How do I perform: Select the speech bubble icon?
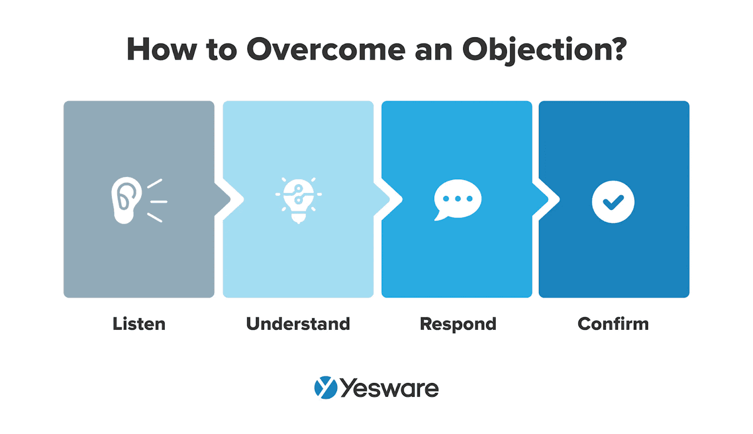[457, 199]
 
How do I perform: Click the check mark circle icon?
[613, 201]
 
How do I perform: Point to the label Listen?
[139, 323]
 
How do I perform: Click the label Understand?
[298, 323]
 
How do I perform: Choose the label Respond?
[458, 323]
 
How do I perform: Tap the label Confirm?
[613, 323]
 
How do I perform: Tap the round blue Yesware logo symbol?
[325, 388]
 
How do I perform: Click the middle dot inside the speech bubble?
[457, 198]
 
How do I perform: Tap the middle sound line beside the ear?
[159, 201]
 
